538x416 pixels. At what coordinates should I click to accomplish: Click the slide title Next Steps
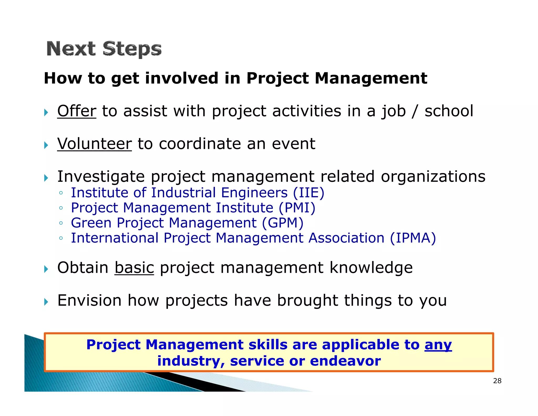104,49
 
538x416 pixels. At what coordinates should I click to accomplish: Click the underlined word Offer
77,111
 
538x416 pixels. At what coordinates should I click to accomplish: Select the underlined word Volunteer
94,144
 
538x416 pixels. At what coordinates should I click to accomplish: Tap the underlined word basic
134,268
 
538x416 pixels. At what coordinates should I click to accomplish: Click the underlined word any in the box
438,345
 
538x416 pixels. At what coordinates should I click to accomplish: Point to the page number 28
497,381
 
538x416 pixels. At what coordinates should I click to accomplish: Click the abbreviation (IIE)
309,193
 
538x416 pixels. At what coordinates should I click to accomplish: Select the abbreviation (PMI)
297,208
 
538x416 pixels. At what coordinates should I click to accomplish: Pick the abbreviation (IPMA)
413,238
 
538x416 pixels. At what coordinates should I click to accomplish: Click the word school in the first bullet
449,111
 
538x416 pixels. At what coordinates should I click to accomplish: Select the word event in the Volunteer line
293,144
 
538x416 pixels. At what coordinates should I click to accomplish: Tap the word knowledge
371,268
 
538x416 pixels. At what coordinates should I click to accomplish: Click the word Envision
89,300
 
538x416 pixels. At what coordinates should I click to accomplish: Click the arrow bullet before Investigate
46,178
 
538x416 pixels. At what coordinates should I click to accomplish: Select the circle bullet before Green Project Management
61,223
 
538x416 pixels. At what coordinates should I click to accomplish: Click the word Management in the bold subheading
371,78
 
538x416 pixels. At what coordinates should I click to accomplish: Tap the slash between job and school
415,111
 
